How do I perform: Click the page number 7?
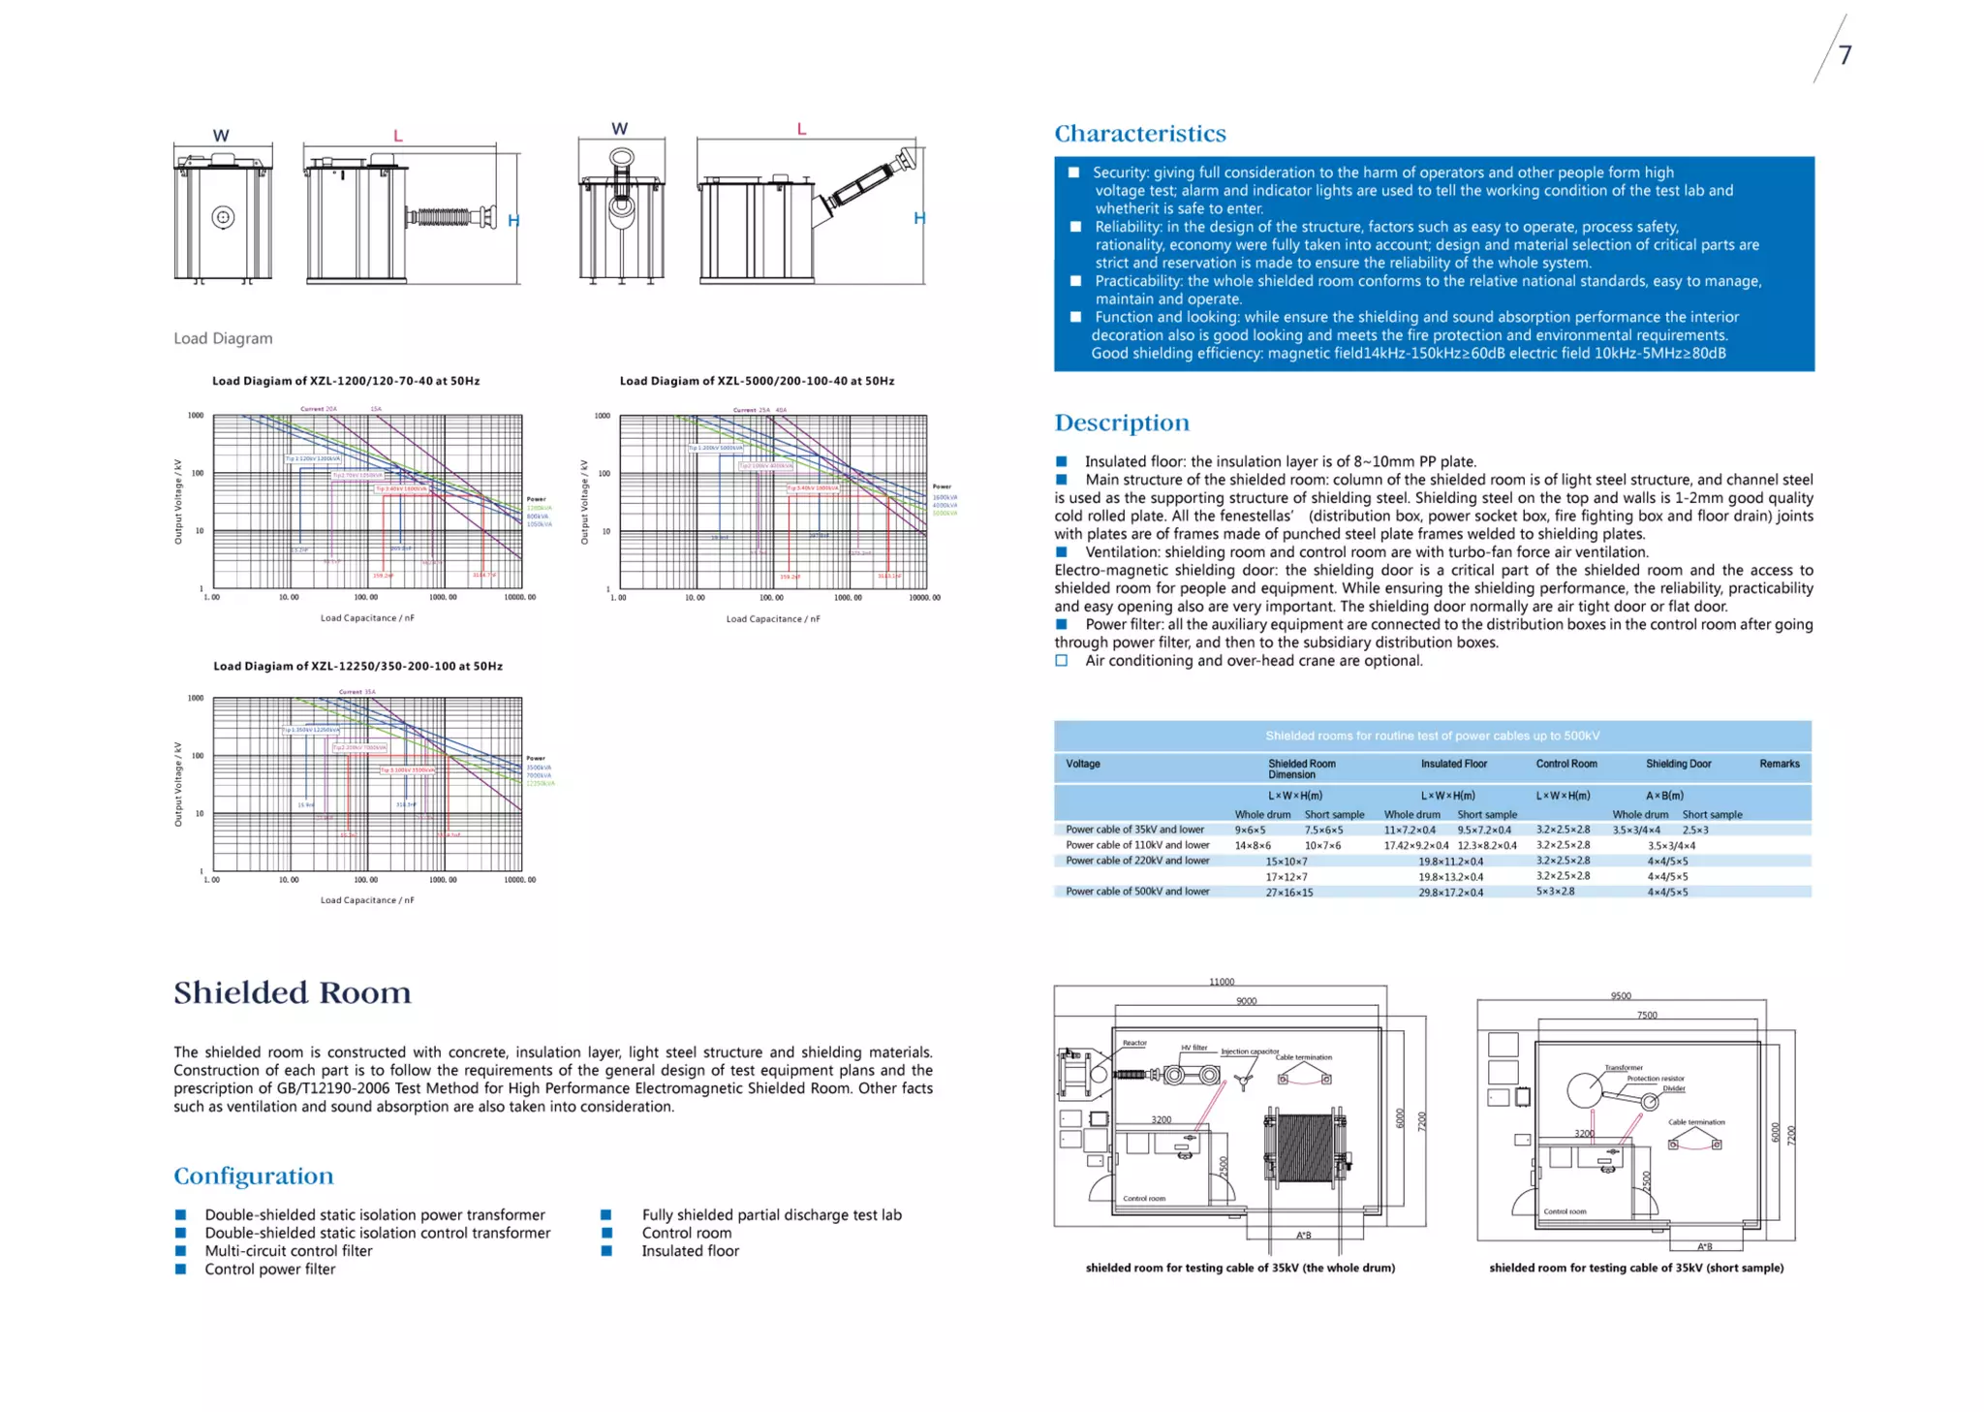[x=1844, y=55]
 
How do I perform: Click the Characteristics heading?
[x=1139, y=134]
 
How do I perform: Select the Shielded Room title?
[x=293, y=992]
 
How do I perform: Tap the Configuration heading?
[x=253, y=1176]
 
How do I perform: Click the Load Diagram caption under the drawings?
[x=223, y=338]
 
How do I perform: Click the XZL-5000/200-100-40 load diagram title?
[x=757, y=381]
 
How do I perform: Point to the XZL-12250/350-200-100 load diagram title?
[x=357, y=666]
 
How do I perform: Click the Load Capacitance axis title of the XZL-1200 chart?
[x=367, y=618]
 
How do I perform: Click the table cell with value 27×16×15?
[x=1288, y=893]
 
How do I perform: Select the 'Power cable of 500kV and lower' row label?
[x=1137, y=892]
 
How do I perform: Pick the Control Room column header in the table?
[x=1565, y=764]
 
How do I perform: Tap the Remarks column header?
[x=1779, y=764]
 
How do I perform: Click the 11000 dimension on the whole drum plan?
[x=1222, y=982]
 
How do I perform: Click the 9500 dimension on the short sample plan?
[x=1621, y=995]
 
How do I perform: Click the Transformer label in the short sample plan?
[x=1623, y=1068]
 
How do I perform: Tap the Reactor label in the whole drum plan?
[x=1134, y=1043]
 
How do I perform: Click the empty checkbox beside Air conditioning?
[x=1062, y=661]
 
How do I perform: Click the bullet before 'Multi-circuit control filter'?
[x=180, y=1251]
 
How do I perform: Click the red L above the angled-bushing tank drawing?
[x=801, y=129]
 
